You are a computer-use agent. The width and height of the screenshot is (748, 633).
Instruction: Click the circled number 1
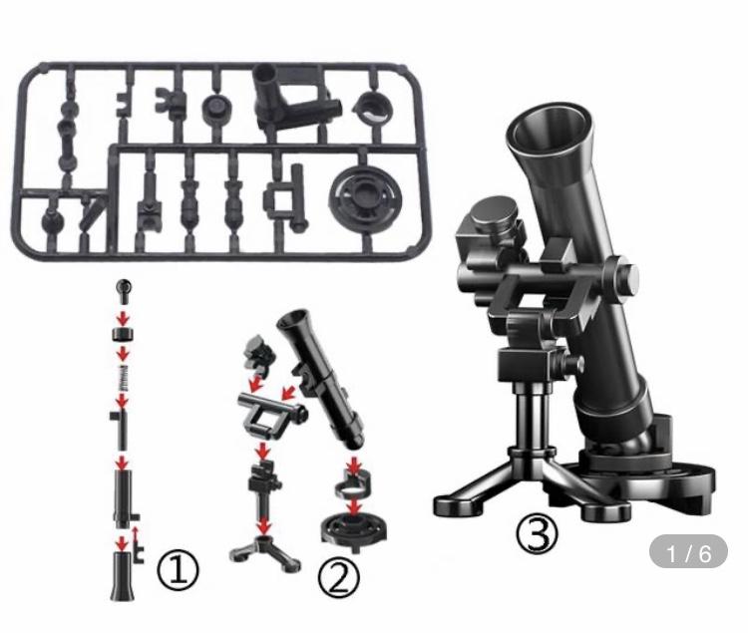point(178,570)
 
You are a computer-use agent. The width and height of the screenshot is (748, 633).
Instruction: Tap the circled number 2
point(339,578)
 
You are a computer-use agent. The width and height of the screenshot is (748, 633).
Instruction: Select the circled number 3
point(537,535)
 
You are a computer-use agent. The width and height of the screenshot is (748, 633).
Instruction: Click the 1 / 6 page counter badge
point(688,553)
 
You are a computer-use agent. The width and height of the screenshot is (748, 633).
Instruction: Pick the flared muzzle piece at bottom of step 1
point(123,576)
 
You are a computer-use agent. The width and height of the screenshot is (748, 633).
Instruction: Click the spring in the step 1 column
point(123,378)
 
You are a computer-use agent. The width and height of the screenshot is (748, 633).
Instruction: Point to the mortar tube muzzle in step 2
point(292,319)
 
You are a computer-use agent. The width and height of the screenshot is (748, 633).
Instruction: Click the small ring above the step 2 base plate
point(352,482)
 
